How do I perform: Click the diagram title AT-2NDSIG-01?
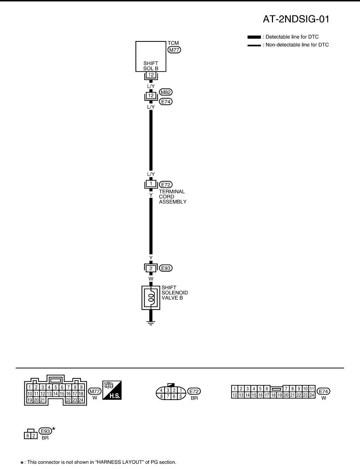pos(296,19)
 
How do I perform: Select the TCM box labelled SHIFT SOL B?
pos(151,57)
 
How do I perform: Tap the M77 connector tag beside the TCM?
pos(174,50)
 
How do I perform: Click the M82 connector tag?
pos(166,92)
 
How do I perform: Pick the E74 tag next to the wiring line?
pos(166,102)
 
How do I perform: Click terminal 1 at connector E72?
pos(151,184)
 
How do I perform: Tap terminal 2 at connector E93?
pos(151,268)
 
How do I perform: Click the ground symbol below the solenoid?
pos(151,323)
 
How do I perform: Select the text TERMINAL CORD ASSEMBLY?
pos(172,197)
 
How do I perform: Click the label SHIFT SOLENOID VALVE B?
pos(174,293)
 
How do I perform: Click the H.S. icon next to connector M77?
pos(112,390)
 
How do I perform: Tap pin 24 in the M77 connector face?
pos(81,400)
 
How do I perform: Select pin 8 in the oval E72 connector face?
pos(162,396)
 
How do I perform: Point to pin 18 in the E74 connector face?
pos(273,395)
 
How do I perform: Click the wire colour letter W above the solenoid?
pos(151,279)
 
